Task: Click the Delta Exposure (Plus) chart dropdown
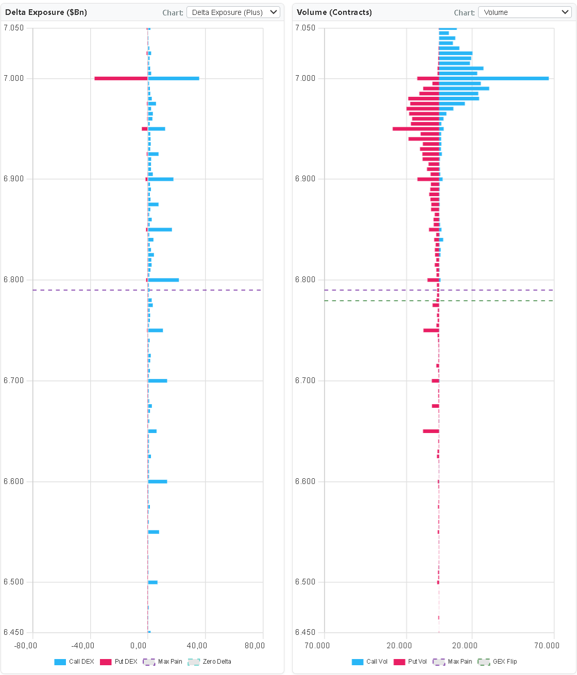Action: [x=233, y=12]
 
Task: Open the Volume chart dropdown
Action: [x=524, y=12]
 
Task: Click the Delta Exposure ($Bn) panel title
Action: [x=46, y=12]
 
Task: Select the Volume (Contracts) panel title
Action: [x=334, y=12]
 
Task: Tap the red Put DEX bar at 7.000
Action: [x=121, y=78]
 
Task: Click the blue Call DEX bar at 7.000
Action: [x=174, y=78]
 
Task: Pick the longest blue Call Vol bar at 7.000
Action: [x=494, y=78]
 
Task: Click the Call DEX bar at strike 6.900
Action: [x=161, y=179]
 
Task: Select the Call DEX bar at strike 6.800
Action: [x=163, y=280]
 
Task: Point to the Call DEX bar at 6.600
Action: [x=158, y=481]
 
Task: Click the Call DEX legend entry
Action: [x=74, y=662]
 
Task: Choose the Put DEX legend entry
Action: [x=119, y=662]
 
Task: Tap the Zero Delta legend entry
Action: [x=210, y=662]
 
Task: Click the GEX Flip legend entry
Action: [x=498, y=662]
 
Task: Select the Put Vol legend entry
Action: [x=411, y=662]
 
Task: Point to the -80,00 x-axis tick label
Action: [x=26, y=646]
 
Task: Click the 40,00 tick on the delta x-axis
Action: [x=197, y=646]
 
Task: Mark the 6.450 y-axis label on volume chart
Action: [x=305, y=632]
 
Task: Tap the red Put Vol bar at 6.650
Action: [x=431, y=431]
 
